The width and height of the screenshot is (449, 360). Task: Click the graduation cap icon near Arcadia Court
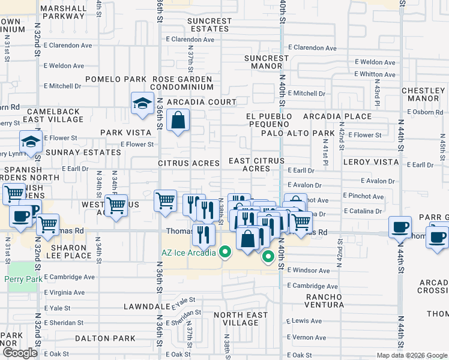pos(142,103)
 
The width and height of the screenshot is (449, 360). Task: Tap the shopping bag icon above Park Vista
pos(179,120)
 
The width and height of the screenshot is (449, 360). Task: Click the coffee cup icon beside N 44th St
pos(400,227)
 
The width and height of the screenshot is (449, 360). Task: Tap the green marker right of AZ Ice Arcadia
pos(268,258)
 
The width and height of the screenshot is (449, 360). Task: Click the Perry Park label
pos(20,279)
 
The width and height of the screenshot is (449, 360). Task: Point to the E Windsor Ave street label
pos(308,271)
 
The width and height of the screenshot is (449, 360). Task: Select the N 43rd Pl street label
pos(377,88)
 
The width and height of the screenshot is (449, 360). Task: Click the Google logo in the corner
pos(20,353)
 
